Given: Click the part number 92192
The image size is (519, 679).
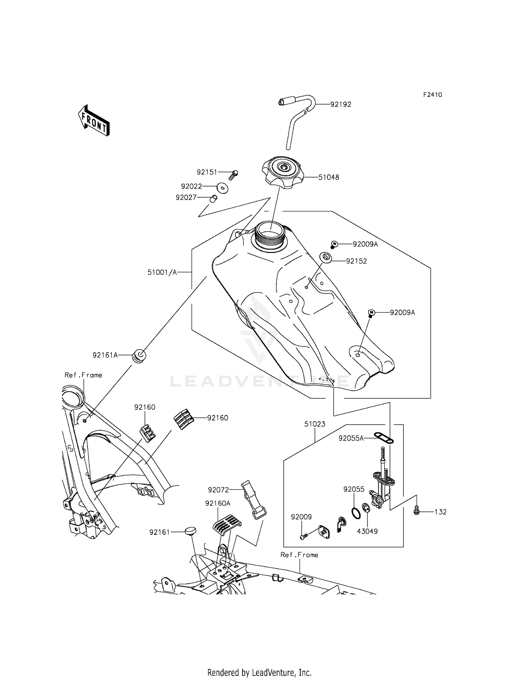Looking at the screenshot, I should [x=340, y=105].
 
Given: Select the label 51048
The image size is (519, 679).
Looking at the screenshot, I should [x=329, y=178].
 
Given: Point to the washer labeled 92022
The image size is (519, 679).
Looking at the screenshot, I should [x=222, y=188].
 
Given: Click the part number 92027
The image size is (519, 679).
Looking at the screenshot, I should [x=186, y=198].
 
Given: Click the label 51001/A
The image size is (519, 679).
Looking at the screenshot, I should [x=162, y=272].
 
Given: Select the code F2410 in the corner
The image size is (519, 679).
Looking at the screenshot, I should [x=432, y=95].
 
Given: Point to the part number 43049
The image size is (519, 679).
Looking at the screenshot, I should [x=367, y=531].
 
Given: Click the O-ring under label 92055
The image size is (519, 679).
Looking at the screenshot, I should [x=356, y=513].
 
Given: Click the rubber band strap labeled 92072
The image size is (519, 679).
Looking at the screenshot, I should [x=254, y=499].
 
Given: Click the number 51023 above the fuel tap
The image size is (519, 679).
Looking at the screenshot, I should [x=315, y=424].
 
